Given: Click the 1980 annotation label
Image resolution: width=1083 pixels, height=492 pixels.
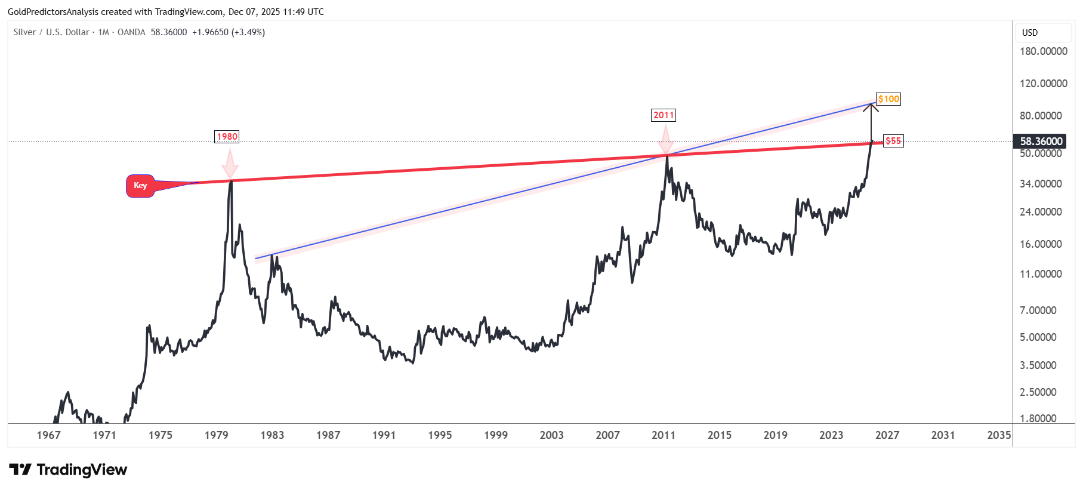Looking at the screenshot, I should (227, 137).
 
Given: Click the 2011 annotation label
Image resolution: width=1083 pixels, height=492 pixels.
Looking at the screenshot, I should (664, 115).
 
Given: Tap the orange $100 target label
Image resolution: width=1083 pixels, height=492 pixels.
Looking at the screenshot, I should (888, 99).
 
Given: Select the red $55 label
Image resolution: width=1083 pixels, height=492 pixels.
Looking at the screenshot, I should (893, 141).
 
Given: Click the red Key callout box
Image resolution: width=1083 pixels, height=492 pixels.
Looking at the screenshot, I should (140, 186).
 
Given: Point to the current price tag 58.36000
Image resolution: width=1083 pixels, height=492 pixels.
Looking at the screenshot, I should (1041, 142).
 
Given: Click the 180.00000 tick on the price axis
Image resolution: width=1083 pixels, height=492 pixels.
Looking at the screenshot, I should (1043, 51).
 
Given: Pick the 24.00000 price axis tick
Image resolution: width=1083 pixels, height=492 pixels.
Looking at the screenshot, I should (1041, 212).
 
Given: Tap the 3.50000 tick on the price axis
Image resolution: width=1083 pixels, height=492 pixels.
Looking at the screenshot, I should (1038, 365).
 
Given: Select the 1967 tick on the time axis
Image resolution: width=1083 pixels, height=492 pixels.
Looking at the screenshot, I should (48, 435).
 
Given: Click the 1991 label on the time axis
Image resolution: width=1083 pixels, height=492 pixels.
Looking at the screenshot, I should (384, 435).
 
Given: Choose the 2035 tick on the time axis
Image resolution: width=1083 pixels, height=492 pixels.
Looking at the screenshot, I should (999, 435).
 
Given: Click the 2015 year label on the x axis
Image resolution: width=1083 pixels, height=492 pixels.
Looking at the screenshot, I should (719, 435).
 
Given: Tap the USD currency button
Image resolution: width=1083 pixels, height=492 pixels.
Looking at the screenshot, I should (1030, 33).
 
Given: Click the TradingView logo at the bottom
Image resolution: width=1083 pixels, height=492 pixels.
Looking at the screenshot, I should (68, 470).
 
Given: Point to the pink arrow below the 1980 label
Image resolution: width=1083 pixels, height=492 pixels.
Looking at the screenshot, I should (230, 162).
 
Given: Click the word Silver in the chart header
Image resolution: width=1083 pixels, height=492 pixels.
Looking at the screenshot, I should (24, 32).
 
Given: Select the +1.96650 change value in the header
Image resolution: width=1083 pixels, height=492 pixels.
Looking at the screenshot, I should (210, 32).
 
